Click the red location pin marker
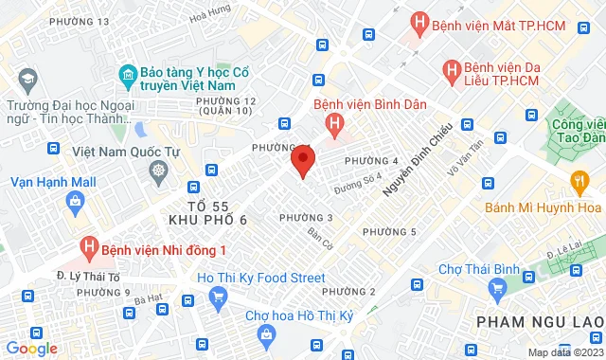[x=303, y=161]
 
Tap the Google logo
[x=31, y=349]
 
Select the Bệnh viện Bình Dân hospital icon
[x=333, y=123]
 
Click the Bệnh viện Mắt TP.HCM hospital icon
[x=418, y=23]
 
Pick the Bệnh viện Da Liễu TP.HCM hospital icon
[x=453, y=69]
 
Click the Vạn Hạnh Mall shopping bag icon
[x=74, y=200]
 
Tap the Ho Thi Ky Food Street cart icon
[x=219, y=297]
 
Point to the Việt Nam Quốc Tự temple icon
[x=159, y=171]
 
